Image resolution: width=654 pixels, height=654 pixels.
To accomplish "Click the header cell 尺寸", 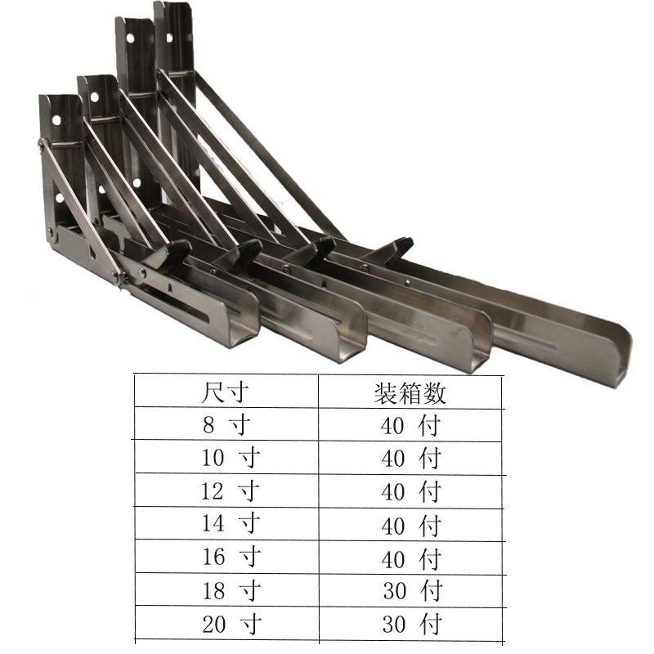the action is tap(225, 392).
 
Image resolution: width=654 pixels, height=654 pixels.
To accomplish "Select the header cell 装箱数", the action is tap(410, 393).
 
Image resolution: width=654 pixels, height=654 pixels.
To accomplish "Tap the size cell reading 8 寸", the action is tap(227, 425).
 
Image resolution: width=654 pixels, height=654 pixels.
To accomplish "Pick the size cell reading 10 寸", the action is tap(231, 458).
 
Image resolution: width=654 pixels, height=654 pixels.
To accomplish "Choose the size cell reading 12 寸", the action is tap(231, 491).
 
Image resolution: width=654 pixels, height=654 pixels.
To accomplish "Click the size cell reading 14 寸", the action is tap(231, 523).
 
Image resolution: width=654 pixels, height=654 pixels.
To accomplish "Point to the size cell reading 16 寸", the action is tap(232, 557).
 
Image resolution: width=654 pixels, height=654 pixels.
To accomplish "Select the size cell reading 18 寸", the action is tap(232, 590).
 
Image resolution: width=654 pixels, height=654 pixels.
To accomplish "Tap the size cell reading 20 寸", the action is tap(232, 625).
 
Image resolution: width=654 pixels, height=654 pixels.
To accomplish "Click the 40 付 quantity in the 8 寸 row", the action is tap(411, 426).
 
